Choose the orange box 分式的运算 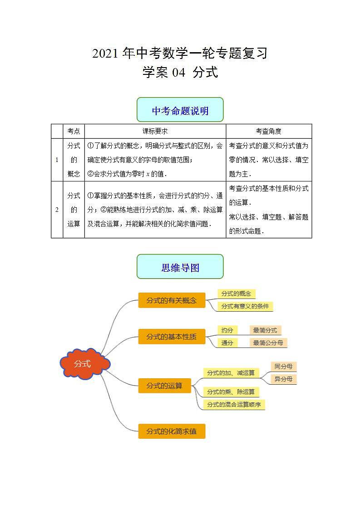(x=164, y=386)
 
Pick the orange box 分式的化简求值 (x=172, y=431)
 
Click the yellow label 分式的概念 (x=236, y=294)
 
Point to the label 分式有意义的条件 (x=245, y=306)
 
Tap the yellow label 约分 (x=227, y=330)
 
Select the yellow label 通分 (x=227, y=343)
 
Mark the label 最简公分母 (x=268, y=343)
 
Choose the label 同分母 (x=283, y=366)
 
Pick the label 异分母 (x=283, y=379)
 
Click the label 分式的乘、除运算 (x=231, y=392)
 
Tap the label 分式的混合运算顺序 (x=234, y=404)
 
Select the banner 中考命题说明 (x=180, y=110)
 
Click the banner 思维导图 (x=180, y=267)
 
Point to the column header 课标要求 (x=155, y=131)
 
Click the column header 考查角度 (x=268, y=131)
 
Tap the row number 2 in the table (x=57, y=210)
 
